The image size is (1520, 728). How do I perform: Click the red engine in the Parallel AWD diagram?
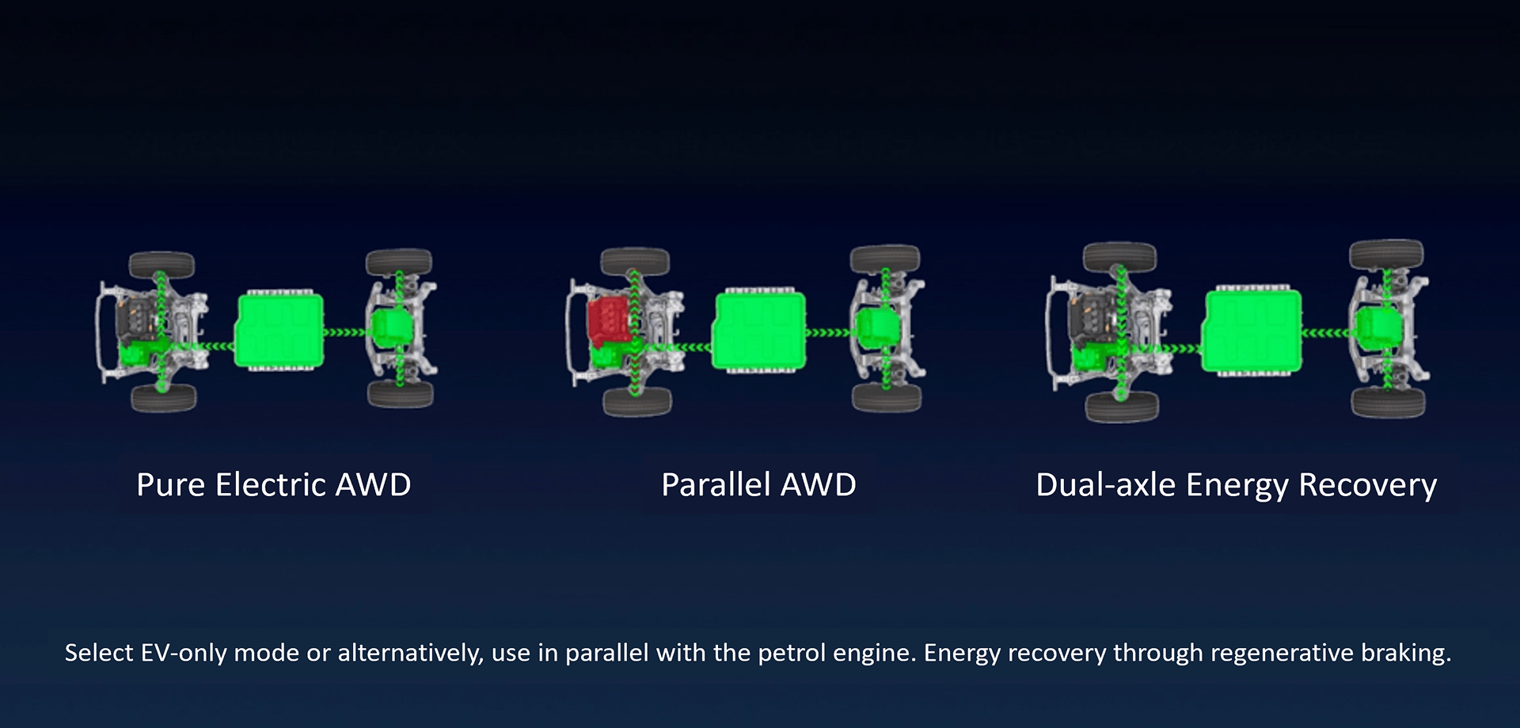coord(609,320)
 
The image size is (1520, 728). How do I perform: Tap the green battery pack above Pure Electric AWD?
coord(279,330)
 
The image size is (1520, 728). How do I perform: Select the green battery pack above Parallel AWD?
coord(759,331)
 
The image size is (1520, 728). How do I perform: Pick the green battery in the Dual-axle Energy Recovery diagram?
coord(1252,331)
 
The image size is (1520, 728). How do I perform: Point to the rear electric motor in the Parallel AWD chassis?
coord(876,327)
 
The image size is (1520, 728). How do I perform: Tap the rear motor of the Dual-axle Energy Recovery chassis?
coord(1379,327)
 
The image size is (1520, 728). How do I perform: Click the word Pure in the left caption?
coord(171,485)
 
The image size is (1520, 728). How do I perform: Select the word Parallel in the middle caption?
coord(716,484)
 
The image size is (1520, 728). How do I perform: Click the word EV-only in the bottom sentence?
coord(184,653)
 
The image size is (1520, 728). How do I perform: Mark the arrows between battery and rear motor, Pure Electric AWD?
coord(347,332)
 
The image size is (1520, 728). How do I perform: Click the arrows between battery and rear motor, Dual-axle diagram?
coord(1328,332)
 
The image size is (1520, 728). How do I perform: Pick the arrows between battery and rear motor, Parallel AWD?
coord(830,332)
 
